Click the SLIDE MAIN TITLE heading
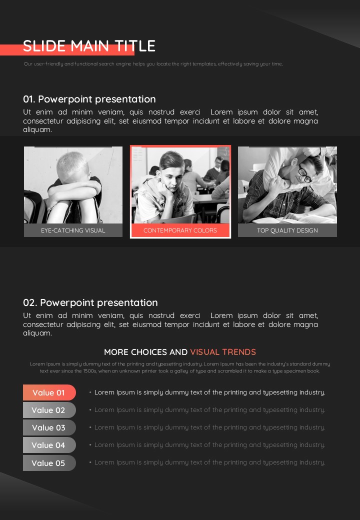coord(89,46)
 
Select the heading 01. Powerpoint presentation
coord(89,99)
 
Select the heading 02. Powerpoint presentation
coord(90,302)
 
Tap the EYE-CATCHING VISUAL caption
coord(73,230)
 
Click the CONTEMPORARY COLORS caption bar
coord(180,230)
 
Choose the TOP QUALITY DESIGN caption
coord(287,230)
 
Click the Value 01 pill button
coord(49,392)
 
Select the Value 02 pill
coord(49,410)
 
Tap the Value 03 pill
coord(49,428)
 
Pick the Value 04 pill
coord(49,445)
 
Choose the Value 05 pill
coord(49,463)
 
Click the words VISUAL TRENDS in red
coord(223,352)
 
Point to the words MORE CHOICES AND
coord(146,352)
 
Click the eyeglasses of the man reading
coord(305,174)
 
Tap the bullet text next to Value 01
coord(210,392)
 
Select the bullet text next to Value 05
coord(210,462)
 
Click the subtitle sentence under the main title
coord(153,63)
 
